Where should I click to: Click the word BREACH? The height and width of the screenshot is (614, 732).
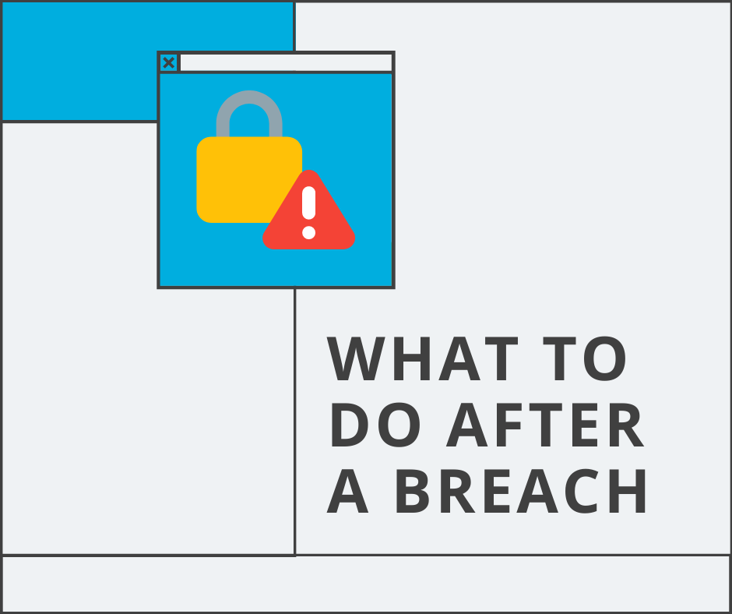pos(521,492)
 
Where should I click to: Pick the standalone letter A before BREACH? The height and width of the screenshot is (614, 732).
pos(347,492)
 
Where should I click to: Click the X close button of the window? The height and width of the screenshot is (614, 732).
pos(168,63)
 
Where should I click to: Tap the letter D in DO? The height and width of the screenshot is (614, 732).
pos(350,425)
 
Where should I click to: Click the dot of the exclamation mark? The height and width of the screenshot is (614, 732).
pos(309,232)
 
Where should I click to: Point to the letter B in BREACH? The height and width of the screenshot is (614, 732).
pos(413,492)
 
